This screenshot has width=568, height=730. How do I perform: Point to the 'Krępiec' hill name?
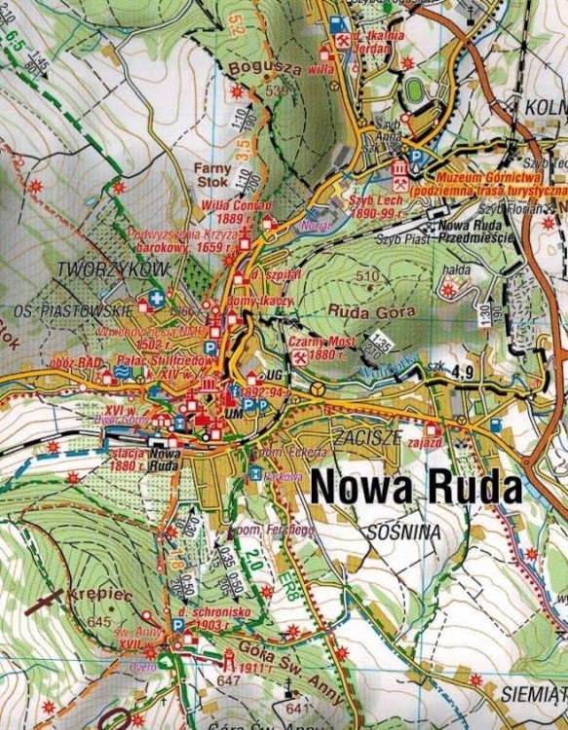[94, 593]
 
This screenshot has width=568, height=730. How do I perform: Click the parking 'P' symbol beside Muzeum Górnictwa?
[419, 156]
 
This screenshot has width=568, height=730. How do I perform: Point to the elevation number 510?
[367, 276]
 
